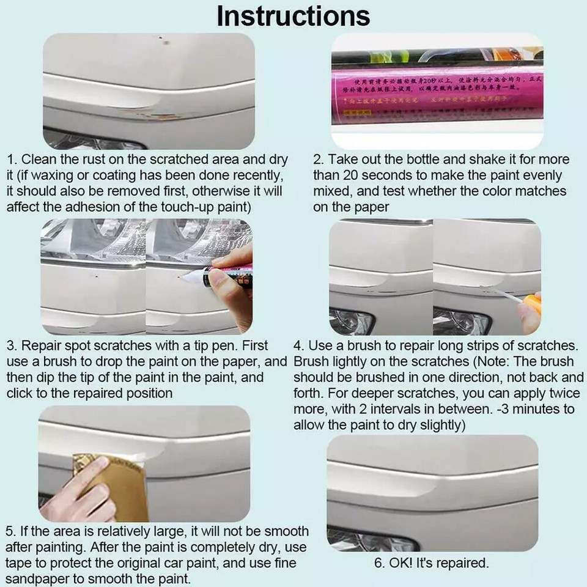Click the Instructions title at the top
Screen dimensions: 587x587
click(293, 17)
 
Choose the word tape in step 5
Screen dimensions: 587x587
click(19, 563)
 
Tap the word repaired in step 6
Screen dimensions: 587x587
click(463, 563)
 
